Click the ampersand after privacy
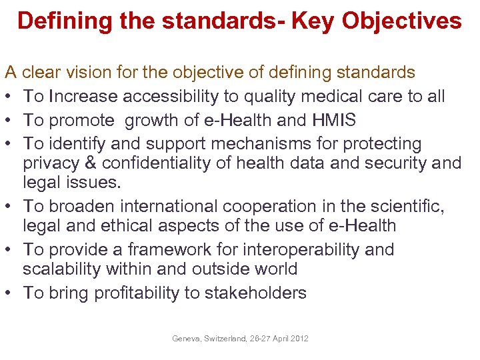pos(97,163)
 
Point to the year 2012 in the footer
pos(299,339)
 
